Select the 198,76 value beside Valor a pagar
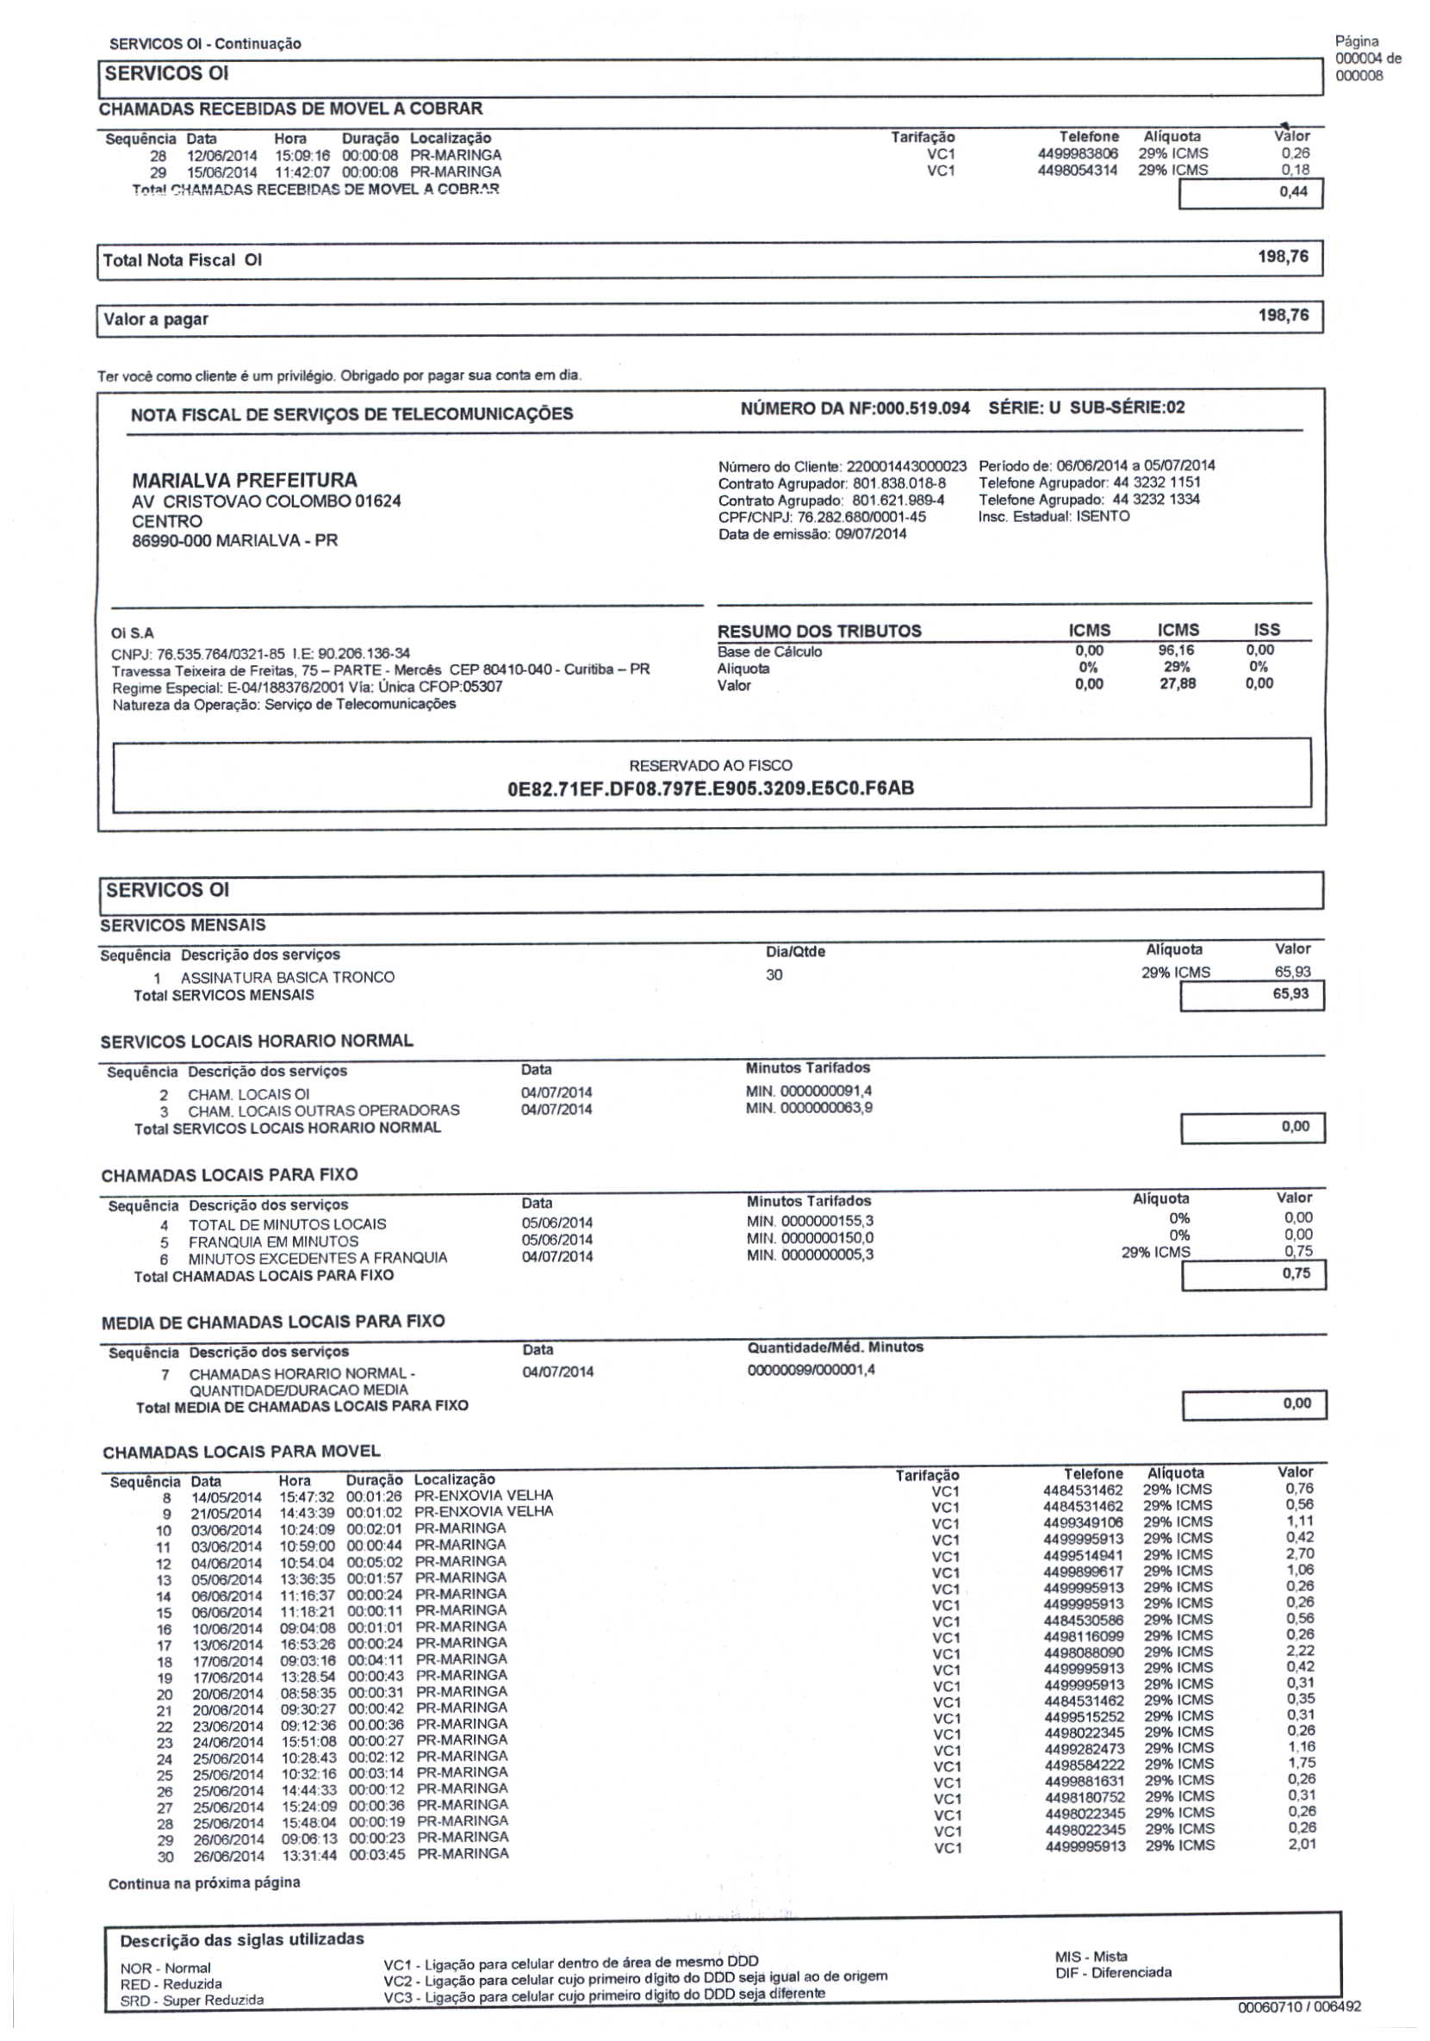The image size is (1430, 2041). pyautogui.click(x=1283, y=314)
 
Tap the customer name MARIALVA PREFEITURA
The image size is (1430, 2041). pyautogui.click(x=245, y=480)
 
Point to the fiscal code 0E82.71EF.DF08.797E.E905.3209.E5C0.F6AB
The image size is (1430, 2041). pyautogui.click(x=710, y=787)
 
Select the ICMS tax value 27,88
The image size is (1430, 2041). pyautogui.click(x=1178, y=683)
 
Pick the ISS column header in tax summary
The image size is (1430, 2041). pyautogui.click(x=1266, y=630)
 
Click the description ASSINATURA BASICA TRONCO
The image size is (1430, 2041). pyautogui.click(x=287, y=977)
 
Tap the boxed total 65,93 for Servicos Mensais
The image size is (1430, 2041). pyautogui.click(x=1290, y=994)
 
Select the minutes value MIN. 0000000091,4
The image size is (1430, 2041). pyautogui.click(x=809, y=1091)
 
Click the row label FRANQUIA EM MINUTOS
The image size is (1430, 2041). pyautogui.click(x=273, y=1241)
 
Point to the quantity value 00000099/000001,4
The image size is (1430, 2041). pyautogui.click(x=811, y=1370)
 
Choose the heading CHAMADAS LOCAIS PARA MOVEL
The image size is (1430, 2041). pyautogui.click(x=241, y=1452)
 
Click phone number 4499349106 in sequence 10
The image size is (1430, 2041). pyautogui.click(x=1084, y=1522)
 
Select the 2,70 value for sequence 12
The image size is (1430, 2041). pyautogui.click(x=1299, y=1555)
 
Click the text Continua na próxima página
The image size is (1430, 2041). pyautogui.click(x=203, y=1882)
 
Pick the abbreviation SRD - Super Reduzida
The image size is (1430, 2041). pyautogui.click(x=192, y=2001)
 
